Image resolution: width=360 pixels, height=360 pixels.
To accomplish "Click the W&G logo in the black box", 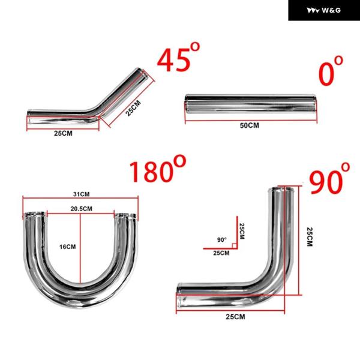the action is [x=324, y=10].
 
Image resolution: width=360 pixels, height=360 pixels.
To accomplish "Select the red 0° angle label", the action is [x=331, y=71].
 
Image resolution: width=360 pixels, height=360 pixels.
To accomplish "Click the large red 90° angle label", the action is [x=329, y=178].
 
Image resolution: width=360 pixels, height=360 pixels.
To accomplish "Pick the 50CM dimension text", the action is [x=250, y=125].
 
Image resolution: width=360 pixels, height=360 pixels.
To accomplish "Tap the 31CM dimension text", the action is [x=81, y=194].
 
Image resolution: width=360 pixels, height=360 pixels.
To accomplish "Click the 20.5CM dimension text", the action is [x=81, y=209].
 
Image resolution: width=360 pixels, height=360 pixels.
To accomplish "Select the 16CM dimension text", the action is [x=67, y=247].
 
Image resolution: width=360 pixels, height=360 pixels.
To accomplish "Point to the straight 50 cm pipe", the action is [x=251, y=104].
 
